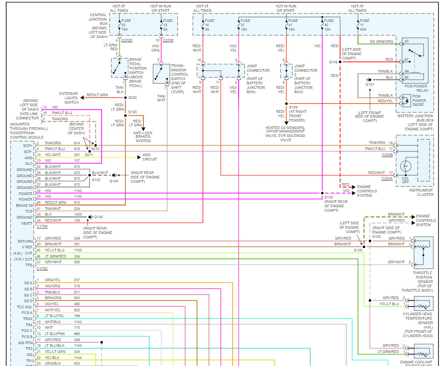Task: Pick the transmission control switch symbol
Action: (x=161, y=73)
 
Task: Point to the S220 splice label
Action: (x=132, y=98)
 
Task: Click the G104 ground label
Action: (x=114, y=181)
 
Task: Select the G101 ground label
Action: (x=370, y=84)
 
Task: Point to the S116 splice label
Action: (x=333, y=62)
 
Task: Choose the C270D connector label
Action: (x=127, y=40)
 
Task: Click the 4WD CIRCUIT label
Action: (x=149, y=157)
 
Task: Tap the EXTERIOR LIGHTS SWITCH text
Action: (x=69, y=98)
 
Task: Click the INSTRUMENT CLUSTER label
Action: (x=421, y=192)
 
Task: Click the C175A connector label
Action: (x=42, y=227)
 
